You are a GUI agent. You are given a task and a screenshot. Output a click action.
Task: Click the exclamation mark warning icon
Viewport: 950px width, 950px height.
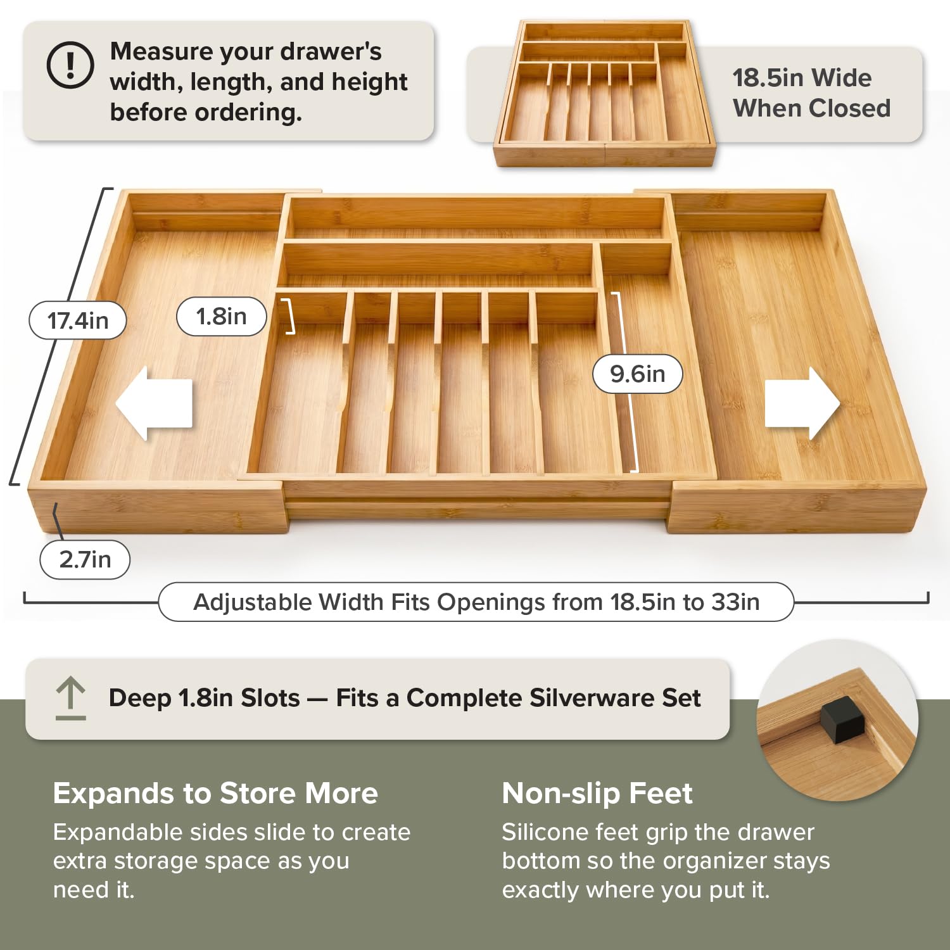click(x=70, y=65)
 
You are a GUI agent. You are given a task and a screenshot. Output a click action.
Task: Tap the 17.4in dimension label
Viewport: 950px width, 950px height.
click(x=78, y=320)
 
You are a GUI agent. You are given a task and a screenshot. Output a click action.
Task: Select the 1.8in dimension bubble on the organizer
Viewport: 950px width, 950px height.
click(x=221, y=316)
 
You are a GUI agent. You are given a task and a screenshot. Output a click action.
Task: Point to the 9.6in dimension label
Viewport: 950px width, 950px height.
click(x=638, y=374)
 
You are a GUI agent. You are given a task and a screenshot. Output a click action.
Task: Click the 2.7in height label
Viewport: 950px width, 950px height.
click(x=85, y=559)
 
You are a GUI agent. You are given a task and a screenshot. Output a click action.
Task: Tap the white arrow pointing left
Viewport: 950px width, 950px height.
click(x=154, y=403)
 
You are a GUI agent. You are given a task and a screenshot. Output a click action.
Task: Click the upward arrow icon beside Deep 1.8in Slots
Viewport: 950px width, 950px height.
click(x=70, y=698)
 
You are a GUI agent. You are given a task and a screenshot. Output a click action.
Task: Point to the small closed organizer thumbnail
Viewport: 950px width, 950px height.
click(x=605, y=93)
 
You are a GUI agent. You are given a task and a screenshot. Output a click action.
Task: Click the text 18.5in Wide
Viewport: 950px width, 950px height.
click(x=802, y=78)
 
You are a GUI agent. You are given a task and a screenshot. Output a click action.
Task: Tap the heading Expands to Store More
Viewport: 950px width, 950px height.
click(x=215, y=793)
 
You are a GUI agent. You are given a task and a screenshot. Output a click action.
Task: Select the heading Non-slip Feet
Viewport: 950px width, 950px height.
click(x=597, y=793)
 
